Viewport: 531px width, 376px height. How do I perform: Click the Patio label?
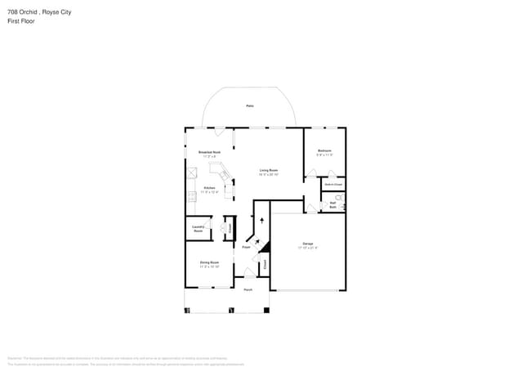(249, 106)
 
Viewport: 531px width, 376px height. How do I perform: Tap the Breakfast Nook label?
(210, 154)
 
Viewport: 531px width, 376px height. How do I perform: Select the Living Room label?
(269, 172)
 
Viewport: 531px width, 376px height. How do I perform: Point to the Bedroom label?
(324, 151)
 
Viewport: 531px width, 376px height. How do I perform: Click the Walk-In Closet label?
(332, 185)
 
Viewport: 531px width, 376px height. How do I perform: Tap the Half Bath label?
(332, 206)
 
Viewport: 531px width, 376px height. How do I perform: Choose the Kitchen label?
(210, 190)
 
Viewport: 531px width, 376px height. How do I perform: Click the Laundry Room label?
(198, 230)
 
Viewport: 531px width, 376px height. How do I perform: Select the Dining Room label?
(210, 264)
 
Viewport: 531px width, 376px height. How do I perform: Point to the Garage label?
(308, 245)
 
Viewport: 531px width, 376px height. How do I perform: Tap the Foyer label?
(246, 246)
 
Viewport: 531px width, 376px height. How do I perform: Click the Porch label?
(248, 289)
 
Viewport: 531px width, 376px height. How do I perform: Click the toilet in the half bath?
(341, 198)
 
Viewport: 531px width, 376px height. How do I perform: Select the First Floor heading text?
(20, 21)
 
